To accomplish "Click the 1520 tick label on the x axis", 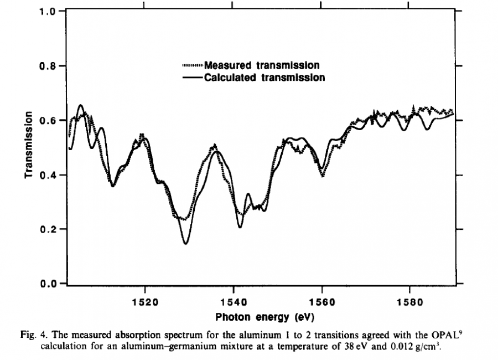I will (x=145, y=304).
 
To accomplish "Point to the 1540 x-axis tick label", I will (x=233, y=304).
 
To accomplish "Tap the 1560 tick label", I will (x=321, y=304).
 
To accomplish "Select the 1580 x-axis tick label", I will (x=409, y=304).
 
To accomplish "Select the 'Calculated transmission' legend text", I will (x=264, y=77).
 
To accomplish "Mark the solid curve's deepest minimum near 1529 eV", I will (x=186, y=243).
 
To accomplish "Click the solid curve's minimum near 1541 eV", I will (x=240, y=227).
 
